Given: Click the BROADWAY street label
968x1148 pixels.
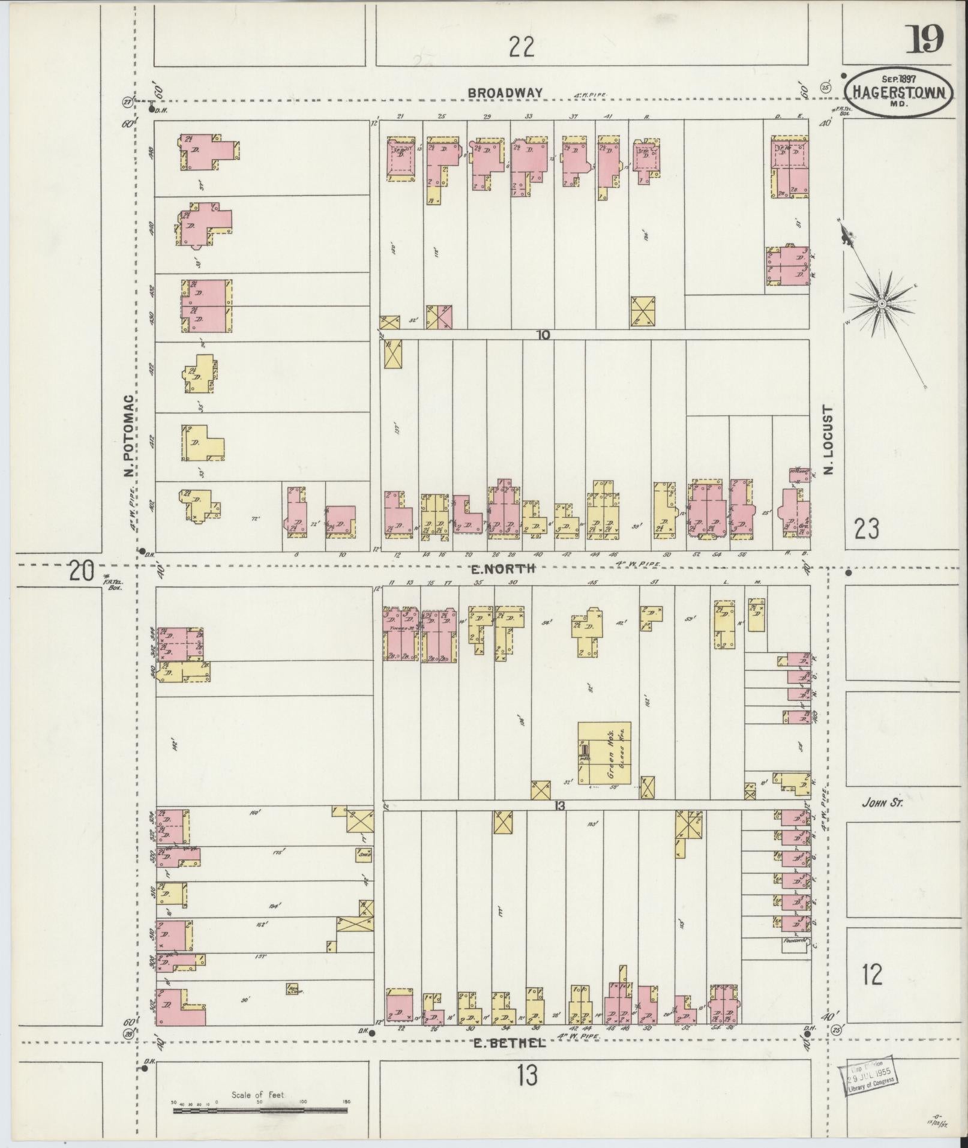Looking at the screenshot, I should coord(505,93).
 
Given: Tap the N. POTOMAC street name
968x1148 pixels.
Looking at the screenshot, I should coord(128,436).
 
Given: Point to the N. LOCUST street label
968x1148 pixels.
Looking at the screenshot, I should coord(828,439).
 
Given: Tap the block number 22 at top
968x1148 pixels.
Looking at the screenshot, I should coord(521,46).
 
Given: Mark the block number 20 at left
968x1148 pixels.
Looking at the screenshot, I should coord(82,570).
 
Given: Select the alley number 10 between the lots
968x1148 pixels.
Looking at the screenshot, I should coord(543,335).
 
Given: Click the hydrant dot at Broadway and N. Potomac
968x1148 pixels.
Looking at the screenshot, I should coord(151,109).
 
